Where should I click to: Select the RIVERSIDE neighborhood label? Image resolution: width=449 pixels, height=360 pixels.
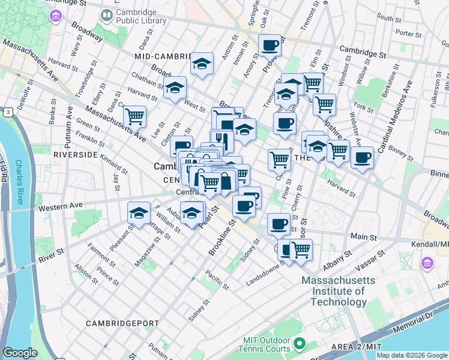coord(75,154)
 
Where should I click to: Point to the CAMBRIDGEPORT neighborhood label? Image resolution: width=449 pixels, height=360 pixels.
coord(122,323)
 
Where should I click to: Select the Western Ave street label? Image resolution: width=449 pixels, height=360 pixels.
coord(60,206)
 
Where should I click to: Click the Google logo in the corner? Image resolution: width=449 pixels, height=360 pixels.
coord(20,353)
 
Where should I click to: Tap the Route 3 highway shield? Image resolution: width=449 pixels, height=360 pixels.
coord(5,112)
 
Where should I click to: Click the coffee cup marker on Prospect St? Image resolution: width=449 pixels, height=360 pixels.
coord(270,45)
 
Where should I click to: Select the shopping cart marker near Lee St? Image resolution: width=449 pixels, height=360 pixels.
coord(135,116)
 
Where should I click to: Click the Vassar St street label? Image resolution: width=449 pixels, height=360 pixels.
coord(370,263)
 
